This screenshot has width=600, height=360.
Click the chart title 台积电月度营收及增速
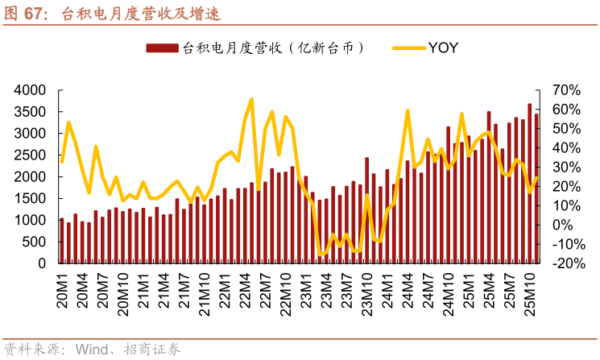pyautogui.click(x=141, y=14)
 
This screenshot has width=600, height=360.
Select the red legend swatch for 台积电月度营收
pyautogui.click(x=163, y=48)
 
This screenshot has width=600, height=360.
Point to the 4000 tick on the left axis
pyautogui.click(x=31, y=89)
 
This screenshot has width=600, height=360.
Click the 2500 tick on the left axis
pyautogui.click(x=31, y=155)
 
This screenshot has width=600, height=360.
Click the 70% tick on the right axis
pyautogui.click(x=566, y=89)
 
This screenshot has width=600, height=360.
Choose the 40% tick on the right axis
pyautogui.click(x=566, y=147)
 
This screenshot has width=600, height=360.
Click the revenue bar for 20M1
pyautogui.click(x=62, y=241)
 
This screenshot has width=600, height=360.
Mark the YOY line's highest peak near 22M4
pyautogui.click(x=251, y=100)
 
